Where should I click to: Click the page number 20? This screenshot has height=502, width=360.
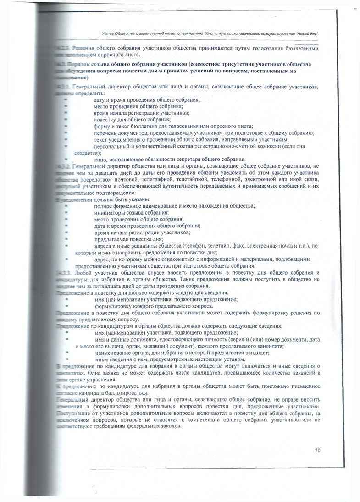(x=317, y=450)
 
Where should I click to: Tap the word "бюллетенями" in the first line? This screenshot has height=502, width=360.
(x=298, y=48)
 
